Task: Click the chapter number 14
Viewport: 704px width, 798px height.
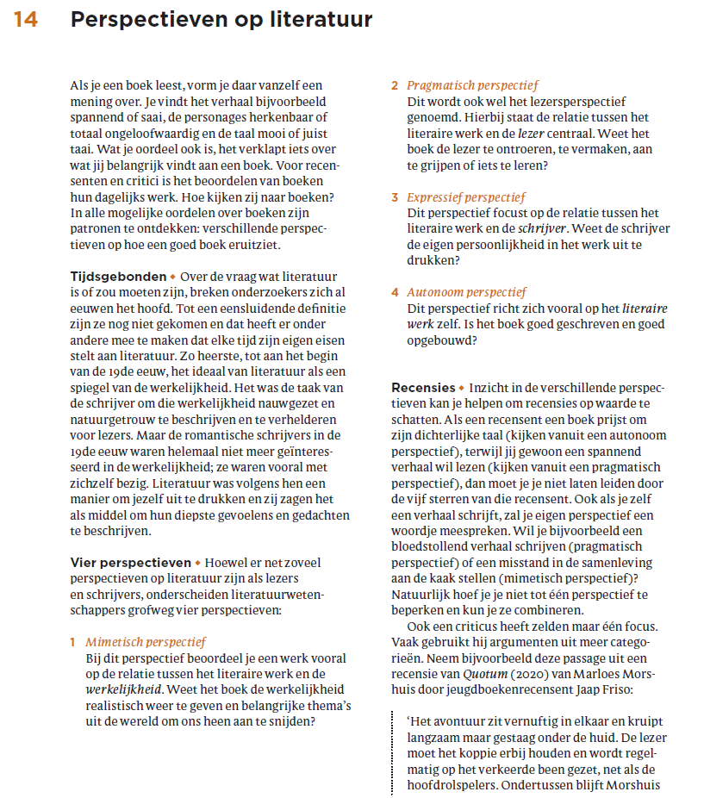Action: point(25,20)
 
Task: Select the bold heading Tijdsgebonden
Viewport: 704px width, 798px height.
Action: point(118,277)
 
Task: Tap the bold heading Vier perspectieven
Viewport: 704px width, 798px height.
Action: point(130,563)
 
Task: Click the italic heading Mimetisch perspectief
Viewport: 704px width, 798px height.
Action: point(146,642)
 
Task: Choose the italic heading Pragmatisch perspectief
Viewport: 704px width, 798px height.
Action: point(472,85)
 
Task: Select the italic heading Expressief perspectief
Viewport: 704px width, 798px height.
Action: point(465,197)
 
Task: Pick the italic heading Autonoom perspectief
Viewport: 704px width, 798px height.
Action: point(466,292)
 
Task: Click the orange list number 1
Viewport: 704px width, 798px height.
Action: point(73,642)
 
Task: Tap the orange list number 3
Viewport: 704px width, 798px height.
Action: point(395,197)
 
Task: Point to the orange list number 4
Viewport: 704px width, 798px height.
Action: point(395,292)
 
